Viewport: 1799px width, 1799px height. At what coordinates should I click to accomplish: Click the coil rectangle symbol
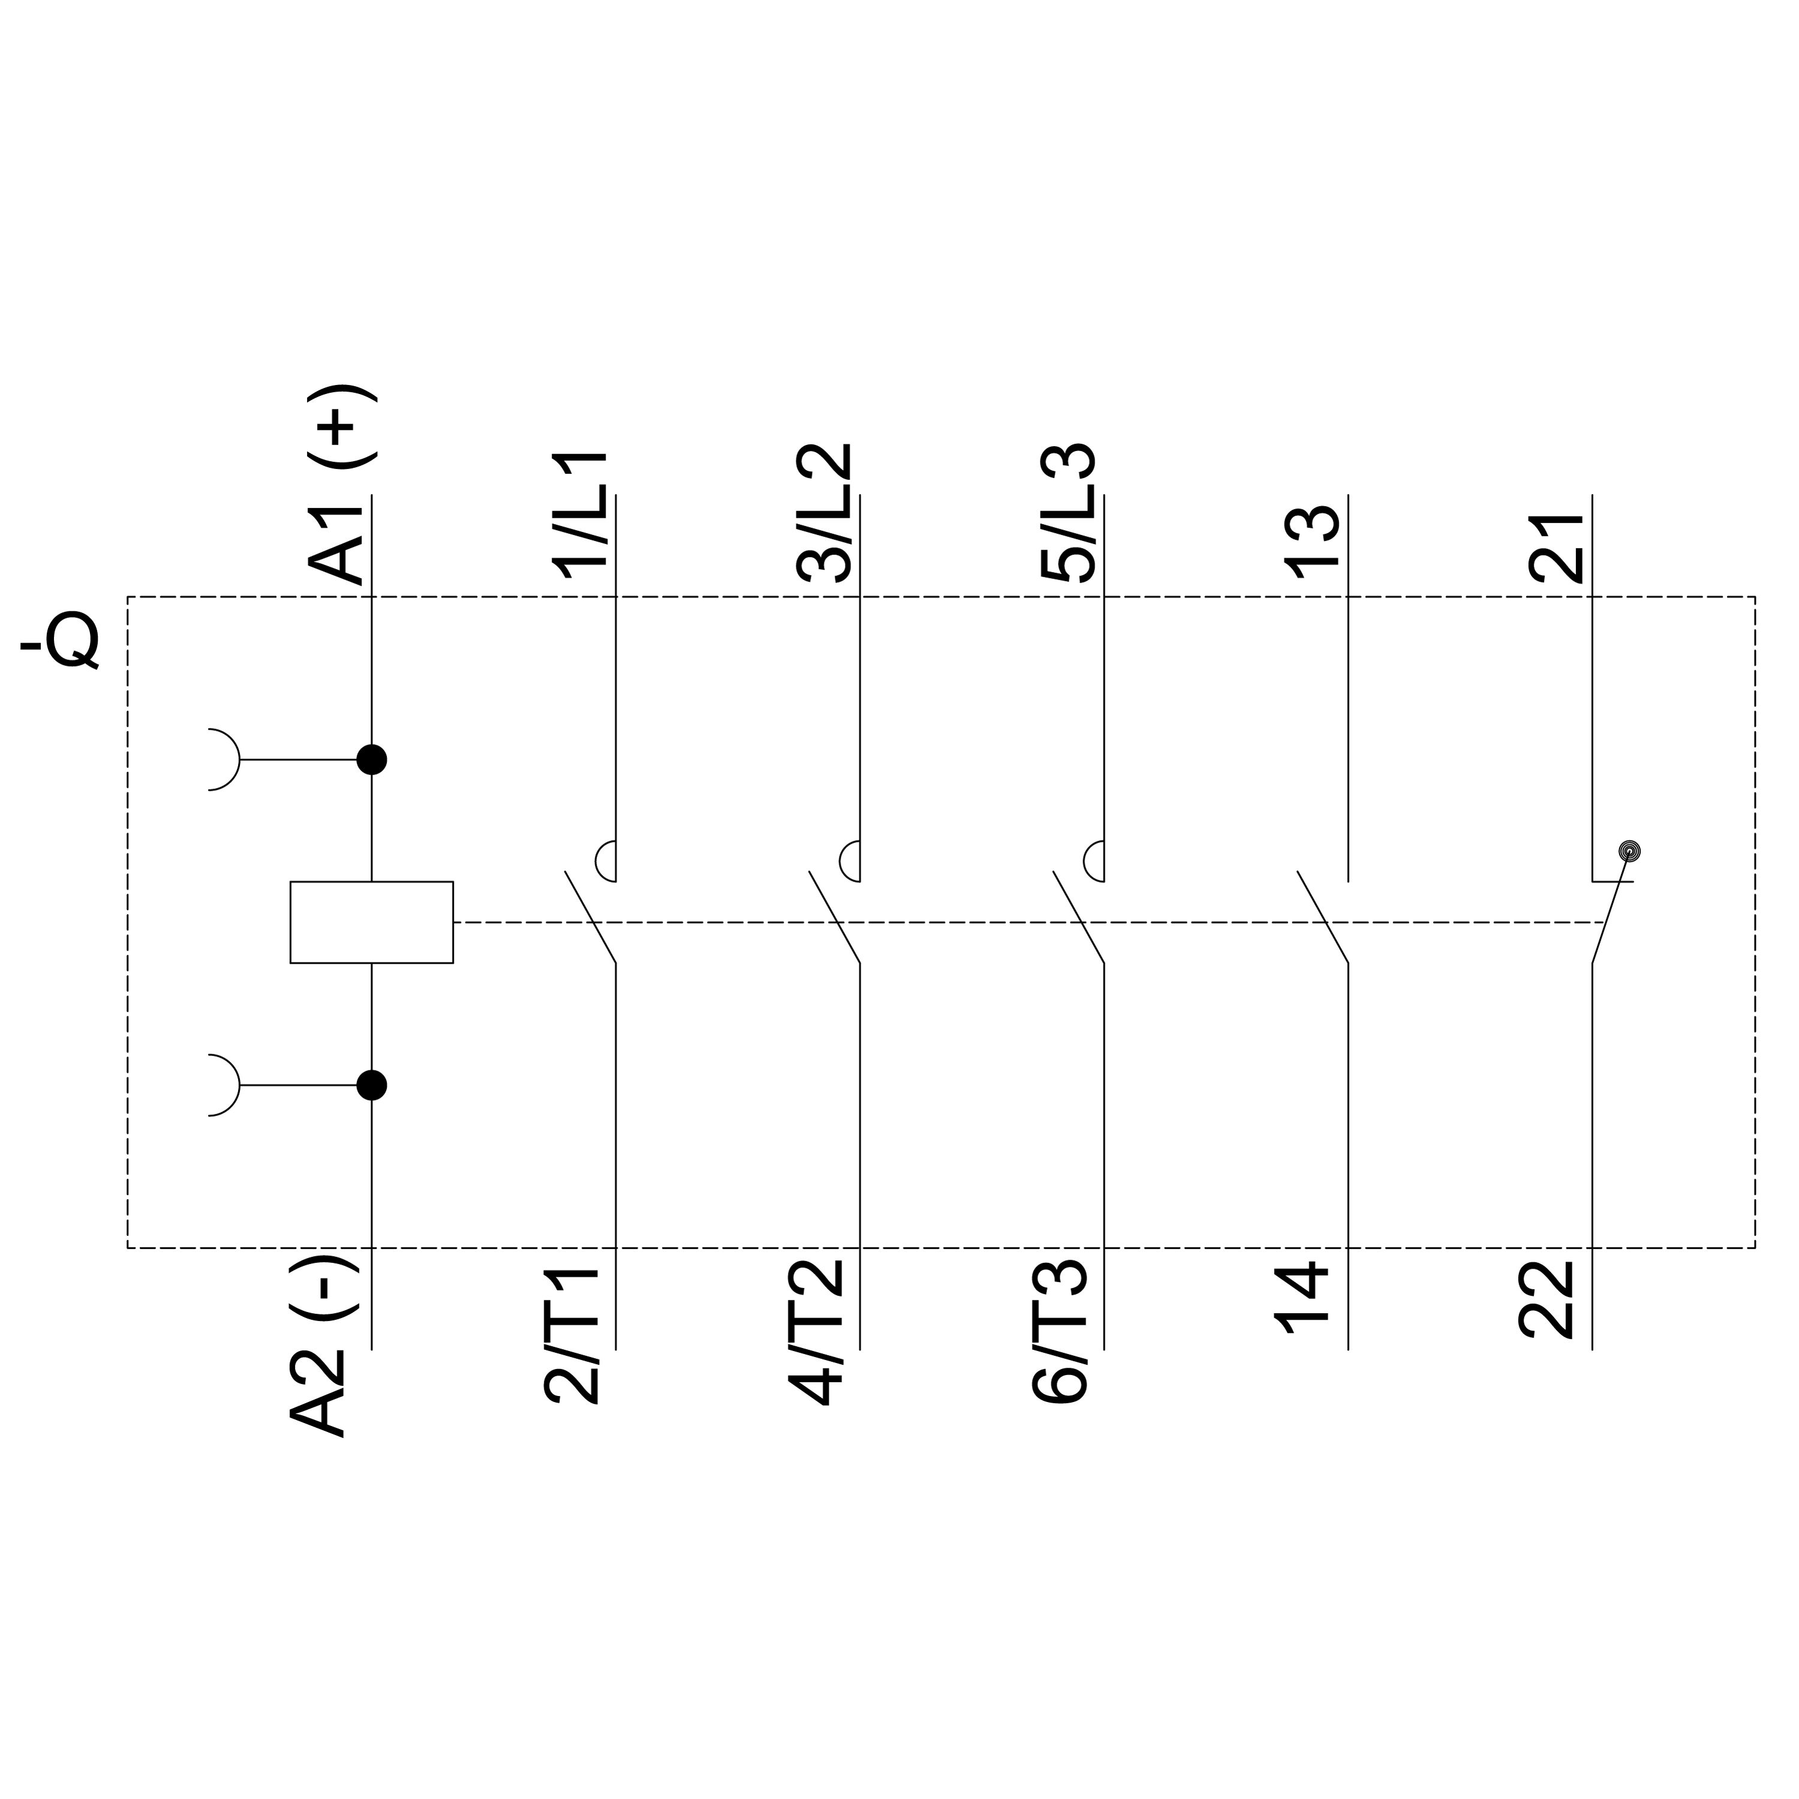tap(372, 922)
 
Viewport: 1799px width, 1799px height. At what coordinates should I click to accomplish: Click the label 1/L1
tap(580, 517)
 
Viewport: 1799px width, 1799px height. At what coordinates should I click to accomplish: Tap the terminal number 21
tap(1556, 547)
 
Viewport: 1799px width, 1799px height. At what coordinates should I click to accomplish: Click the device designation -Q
tap(61, 640)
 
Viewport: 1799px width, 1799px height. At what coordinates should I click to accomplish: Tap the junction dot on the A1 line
tap(372, 760)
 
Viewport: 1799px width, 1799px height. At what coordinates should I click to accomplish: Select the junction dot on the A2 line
tap(372, 1085)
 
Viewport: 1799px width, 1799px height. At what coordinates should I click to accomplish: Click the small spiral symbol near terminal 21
tap(1629, 851)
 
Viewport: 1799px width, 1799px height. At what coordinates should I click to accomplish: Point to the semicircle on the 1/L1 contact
tap(596, 861)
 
